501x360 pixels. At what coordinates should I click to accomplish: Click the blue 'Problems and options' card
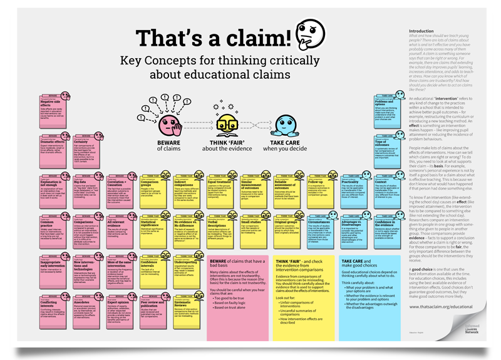click(x=389, y=111)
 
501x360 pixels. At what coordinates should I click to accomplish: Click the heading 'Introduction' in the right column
click(x=420, y=30)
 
